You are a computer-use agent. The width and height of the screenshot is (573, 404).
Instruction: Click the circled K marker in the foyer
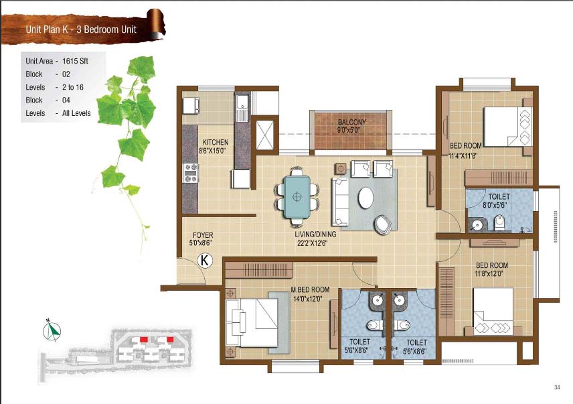205,261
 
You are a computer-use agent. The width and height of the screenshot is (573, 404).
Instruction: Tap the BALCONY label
352,122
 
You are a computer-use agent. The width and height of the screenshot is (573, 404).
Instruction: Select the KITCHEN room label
216,142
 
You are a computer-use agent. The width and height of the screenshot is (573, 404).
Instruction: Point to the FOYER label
203,235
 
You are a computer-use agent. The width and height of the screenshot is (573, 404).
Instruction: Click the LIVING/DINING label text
315,234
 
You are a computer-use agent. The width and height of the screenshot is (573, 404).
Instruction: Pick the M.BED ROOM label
310,289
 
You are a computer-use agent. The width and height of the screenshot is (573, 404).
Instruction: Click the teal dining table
297,197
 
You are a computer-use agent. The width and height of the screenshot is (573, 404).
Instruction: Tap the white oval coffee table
365,198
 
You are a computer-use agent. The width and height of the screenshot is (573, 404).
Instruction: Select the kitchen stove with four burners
190,173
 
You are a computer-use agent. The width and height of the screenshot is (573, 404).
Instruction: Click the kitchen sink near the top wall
242,108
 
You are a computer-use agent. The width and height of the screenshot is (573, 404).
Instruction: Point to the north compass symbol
52,331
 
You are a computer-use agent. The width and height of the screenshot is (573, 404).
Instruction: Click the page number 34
557,387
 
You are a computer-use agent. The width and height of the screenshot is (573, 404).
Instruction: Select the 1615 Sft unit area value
75,61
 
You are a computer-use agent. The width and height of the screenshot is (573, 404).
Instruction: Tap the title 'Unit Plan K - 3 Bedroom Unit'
81,29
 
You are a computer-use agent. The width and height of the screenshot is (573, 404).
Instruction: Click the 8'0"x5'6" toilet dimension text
495,205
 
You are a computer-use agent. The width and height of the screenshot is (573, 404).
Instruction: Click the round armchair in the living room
386,223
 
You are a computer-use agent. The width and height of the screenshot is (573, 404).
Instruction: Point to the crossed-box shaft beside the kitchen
265,135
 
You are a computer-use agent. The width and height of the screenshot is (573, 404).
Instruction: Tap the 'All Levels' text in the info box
76,113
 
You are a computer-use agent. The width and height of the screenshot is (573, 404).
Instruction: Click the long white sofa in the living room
340,202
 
